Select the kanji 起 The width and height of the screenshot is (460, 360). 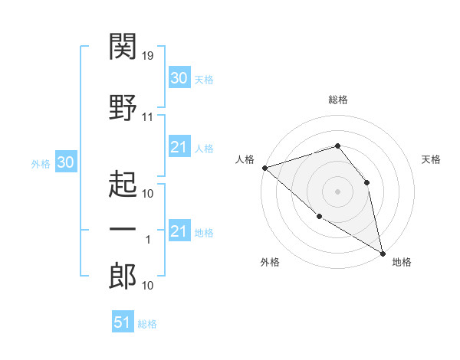tap(123, 184)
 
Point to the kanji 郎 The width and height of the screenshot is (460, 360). tap(123, 277)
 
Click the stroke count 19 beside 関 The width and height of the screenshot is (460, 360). tap(149, 55)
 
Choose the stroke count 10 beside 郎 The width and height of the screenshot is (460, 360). tap(148, 286)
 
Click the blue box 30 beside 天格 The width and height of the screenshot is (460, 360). tap(179, 78)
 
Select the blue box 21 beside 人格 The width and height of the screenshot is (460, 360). tap(179, 147)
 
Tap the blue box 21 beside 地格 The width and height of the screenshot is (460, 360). tap(179, 231)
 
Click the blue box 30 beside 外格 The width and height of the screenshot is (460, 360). tap(65, 162)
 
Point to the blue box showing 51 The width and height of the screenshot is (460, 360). tap(122, 322)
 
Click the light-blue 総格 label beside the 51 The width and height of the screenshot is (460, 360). tap(147, 324)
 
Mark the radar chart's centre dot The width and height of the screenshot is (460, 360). tap(337, 191)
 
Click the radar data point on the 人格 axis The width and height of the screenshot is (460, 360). tap(264, 167)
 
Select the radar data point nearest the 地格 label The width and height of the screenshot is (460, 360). tap(383, 253)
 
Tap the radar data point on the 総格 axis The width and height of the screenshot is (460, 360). tap(337, 146)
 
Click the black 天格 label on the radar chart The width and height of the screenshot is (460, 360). tap(431, 159)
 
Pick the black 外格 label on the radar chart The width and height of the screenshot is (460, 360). tap(270, 262)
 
